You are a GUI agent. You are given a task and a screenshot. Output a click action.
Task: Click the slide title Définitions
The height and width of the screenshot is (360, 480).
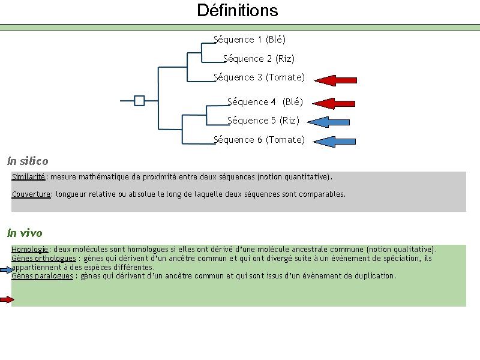pos(238,11)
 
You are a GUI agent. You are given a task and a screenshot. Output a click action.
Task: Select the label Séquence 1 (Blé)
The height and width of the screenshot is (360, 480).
pos(250,40)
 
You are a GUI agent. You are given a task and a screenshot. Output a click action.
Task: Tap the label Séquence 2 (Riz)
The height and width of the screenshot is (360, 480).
pos(259,59)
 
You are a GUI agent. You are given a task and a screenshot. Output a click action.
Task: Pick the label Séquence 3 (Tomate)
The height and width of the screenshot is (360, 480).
pos(259,77)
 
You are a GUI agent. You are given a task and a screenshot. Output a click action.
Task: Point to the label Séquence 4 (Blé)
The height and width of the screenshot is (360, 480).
pos(265,102)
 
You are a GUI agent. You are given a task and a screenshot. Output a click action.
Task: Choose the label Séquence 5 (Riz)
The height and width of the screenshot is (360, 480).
pos(263,121)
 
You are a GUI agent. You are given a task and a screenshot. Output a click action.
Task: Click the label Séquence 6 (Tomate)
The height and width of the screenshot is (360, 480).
pos(259,140)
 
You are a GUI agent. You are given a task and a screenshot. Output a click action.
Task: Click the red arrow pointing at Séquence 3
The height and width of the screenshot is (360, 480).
pos(335,80)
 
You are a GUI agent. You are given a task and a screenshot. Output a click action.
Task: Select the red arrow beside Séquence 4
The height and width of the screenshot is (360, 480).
pos(334,103)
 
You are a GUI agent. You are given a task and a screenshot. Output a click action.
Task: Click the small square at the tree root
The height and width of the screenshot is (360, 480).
pos(139,100)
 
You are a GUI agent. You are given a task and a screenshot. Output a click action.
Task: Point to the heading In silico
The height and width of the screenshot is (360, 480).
pos(28,161)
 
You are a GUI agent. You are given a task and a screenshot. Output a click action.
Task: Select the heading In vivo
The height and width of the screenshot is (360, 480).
pos(25,233)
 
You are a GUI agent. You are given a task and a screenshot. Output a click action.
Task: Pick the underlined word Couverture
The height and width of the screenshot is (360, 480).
pos(31,194)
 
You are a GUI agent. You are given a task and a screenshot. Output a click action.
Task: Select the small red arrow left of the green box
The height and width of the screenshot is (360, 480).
pos(7,299)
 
